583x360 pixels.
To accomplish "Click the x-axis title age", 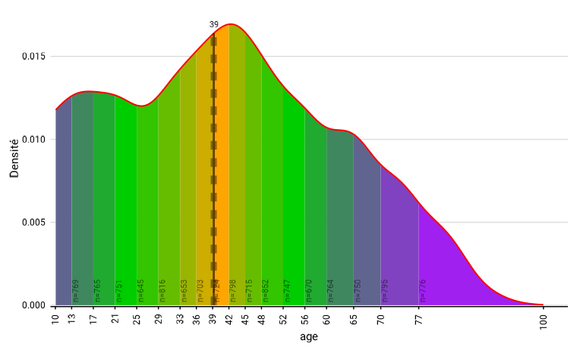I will pos(309,336).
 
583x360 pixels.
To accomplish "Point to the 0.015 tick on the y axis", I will pos(34,57).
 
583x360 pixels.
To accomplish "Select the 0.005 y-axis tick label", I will pos(34,223).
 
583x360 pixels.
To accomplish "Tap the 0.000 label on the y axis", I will pos(34,305).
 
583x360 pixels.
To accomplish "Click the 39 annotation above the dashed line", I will pos(214,24).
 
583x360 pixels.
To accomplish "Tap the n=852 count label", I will pos(266,292).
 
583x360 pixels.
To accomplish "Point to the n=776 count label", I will pos(423,292).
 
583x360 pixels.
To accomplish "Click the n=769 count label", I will pos(75,292).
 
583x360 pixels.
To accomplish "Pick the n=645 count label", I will pos(140,292).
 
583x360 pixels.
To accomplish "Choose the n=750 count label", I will pos(358,292).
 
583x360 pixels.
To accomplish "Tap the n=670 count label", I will pos(309,292).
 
